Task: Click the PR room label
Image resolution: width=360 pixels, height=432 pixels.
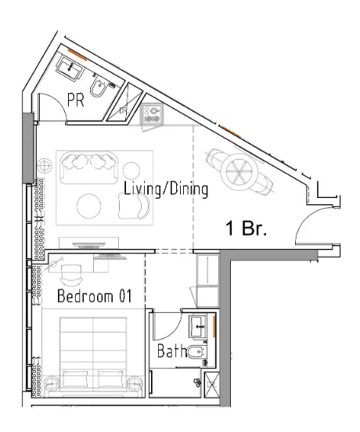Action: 76,100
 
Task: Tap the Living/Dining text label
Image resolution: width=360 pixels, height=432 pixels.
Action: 166,189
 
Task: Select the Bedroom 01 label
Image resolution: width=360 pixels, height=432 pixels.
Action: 95,296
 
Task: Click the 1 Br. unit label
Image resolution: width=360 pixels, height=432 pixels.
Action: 247,228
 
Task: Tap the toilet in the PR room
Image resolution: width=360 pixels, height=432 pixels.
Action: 99,86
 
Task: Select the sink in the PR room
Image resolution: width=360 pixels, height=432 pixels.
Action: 70,67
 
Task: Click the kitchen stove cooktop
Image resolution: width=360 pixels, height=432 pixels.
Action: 152,114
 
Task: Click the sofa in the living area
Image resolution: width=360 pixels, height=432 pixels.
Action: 89,167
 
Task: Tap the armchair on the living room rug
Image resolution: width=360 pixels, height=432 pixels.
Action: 135,206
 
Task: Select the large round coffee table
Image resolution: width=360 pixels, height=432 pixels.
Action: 89,206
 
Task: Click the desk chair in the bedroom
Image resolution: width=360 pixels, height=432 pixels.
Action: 71,275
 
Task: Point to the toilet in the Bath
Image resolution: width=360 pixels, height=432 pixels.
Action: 197,352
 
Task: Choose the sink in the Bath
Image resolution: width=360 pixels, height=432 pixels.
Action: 197,327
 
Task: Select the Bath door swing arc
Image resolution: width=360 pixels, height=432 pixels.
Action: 175,329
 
